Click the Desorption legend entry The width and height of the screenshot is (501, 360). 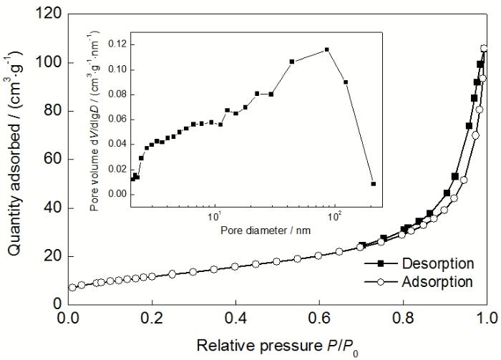coord(437,263)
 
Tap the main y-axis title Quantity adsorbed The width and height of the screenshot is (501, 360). coord(16,159)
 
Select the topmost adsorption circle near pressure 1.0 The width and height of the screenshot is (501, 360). coord(484,49)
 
